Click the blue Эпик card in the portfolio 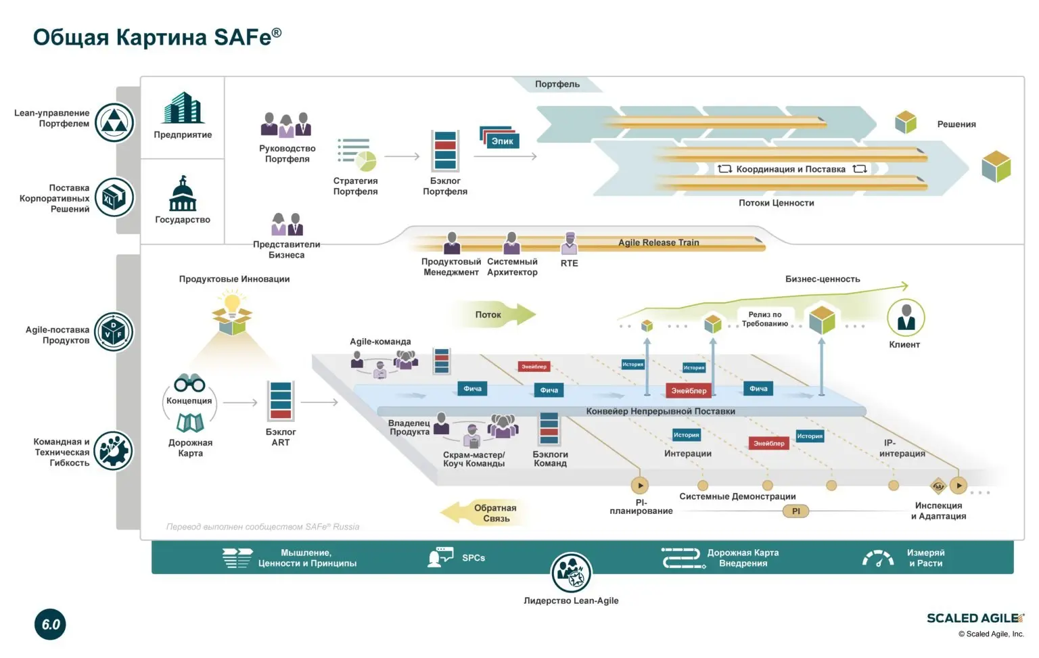502,141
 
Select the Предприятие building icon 183,108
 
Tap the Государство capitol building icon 183,194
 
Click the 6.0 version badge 50,624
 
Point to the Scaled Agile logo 975,618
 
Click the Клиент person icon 905,318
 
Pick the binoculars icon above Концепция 189,383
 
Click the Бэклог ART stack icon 280,400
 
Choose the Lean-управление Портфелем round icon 114,122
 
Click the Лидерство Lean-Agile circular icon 571,572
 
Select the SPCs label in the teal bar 474,558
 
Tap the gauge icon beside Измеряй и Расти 878,558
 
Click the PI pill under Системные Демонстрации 795,511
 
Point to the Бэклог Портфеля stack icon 445,151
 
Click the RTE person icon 570,243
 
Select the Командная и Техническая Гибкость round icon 114,451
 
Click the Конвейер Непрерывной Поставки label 660,411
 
